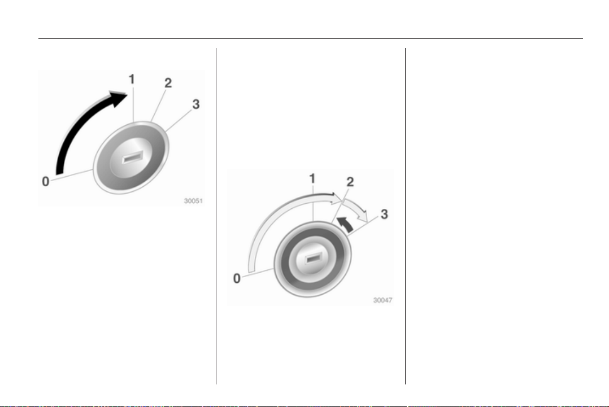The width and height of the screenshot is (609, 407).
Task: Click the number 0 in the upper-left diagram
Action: pos(45,181)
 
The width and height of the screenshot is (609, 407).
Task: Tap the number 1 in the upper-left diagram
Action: pos(132,79)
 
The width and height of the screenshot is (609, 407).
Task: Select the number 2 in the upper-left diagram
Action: pos(168,82)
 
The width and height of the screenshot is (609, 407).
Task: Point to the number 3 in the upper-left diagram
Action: pos(195,104)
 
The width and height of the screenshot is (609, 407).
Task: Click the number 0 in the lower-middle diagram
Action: pos(237,278)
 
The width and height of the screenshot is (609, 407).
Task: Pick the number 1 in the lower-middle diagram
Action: pos(312,178)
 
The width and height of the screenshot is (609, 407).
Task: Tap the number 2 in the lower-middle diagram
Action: pos(350,182)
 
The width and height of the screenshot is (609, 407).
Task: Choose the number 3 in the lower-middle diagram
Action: pos(384,214)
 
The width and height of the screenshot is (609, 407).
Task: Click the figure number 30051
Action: pos(193,201)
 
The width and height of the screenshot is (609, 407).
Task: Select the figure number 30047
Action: pos(382,300)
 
